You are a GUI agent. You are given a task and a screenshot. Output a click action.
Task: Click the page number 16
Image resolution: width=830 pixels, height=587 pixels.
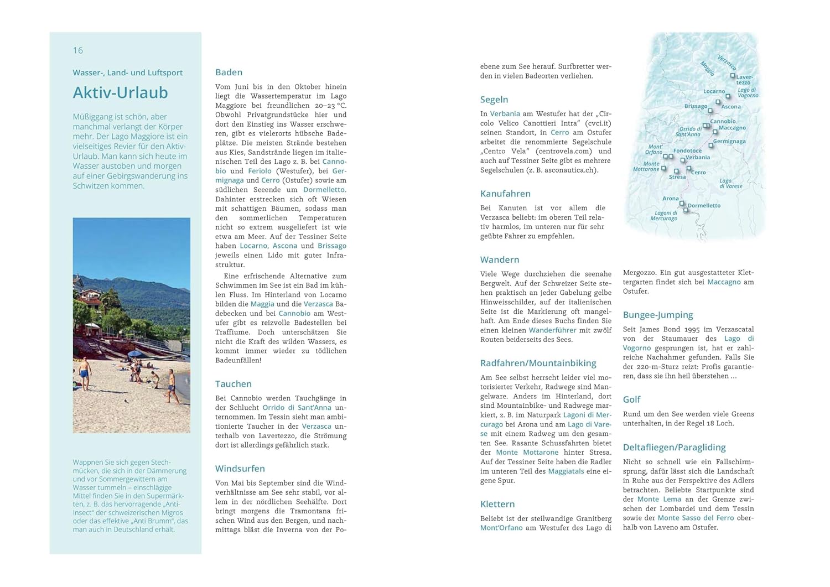point(78,50)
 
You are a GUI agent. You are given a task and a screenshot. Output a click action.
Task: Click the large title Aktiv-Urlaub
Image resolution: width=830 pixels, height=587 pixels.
point(120,92)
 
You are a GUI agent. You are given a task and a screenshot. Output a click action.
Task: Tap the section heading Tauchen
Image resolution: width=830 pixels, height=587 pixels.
point(233,384)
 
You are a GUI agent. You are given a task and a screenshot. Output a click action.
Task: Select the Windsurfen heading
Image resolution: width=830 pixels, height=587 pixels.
point(240,469)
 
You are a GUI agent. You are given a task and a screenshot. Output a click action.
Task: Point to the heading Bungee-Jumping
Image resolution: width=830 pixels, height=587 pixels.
point(657,315)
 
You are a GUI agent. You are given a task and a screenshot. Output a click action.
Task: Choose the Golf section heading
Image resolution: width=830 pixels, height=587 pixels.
point(631,399)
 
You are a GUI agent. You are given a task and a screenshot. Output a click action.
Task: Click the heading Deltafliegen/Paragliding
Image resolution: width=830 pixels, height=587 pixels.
point(674,447)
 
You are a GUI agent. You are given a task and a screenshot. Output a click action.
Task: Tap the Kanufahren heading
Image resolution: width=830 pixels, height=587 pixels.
point(505,194)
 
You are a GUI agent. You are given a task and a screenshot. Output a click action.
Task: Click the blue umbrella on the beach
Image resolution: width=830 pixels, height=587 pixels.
point(134,354)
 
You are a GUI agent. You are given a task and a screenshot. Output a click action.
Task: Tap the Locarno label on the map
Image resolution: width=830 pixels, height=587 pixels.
point(714,91)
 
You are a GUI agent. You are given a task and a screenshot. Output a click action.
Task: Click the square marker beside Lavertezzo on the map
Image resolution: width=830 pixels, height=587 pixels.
point(733,75)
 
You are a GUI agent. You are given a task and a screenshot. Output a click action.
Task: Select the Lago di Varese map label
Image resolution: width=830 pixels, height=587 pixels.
point(730,183)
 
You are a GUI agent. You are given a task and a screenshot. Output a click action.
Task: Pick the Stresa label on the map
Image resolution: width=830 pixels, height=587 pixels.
point(677,177)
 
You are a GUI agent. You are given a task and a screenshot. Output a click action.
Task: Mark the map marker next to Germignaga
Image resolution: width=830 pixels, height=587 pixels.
point(711,145)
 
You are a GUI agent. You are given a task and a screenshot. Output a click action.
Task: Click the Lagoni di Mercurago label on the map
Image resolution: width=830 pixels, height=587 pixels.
point(665,215)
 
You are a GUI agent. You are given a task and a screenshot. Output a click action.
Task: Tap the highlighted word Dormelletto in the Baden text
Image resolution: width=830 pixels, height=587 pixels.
point(324,190)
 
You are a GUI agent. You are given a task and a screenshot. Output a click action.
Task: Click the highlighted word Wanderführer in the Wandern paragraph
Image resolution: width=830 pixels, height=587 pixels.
point(552,330)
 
